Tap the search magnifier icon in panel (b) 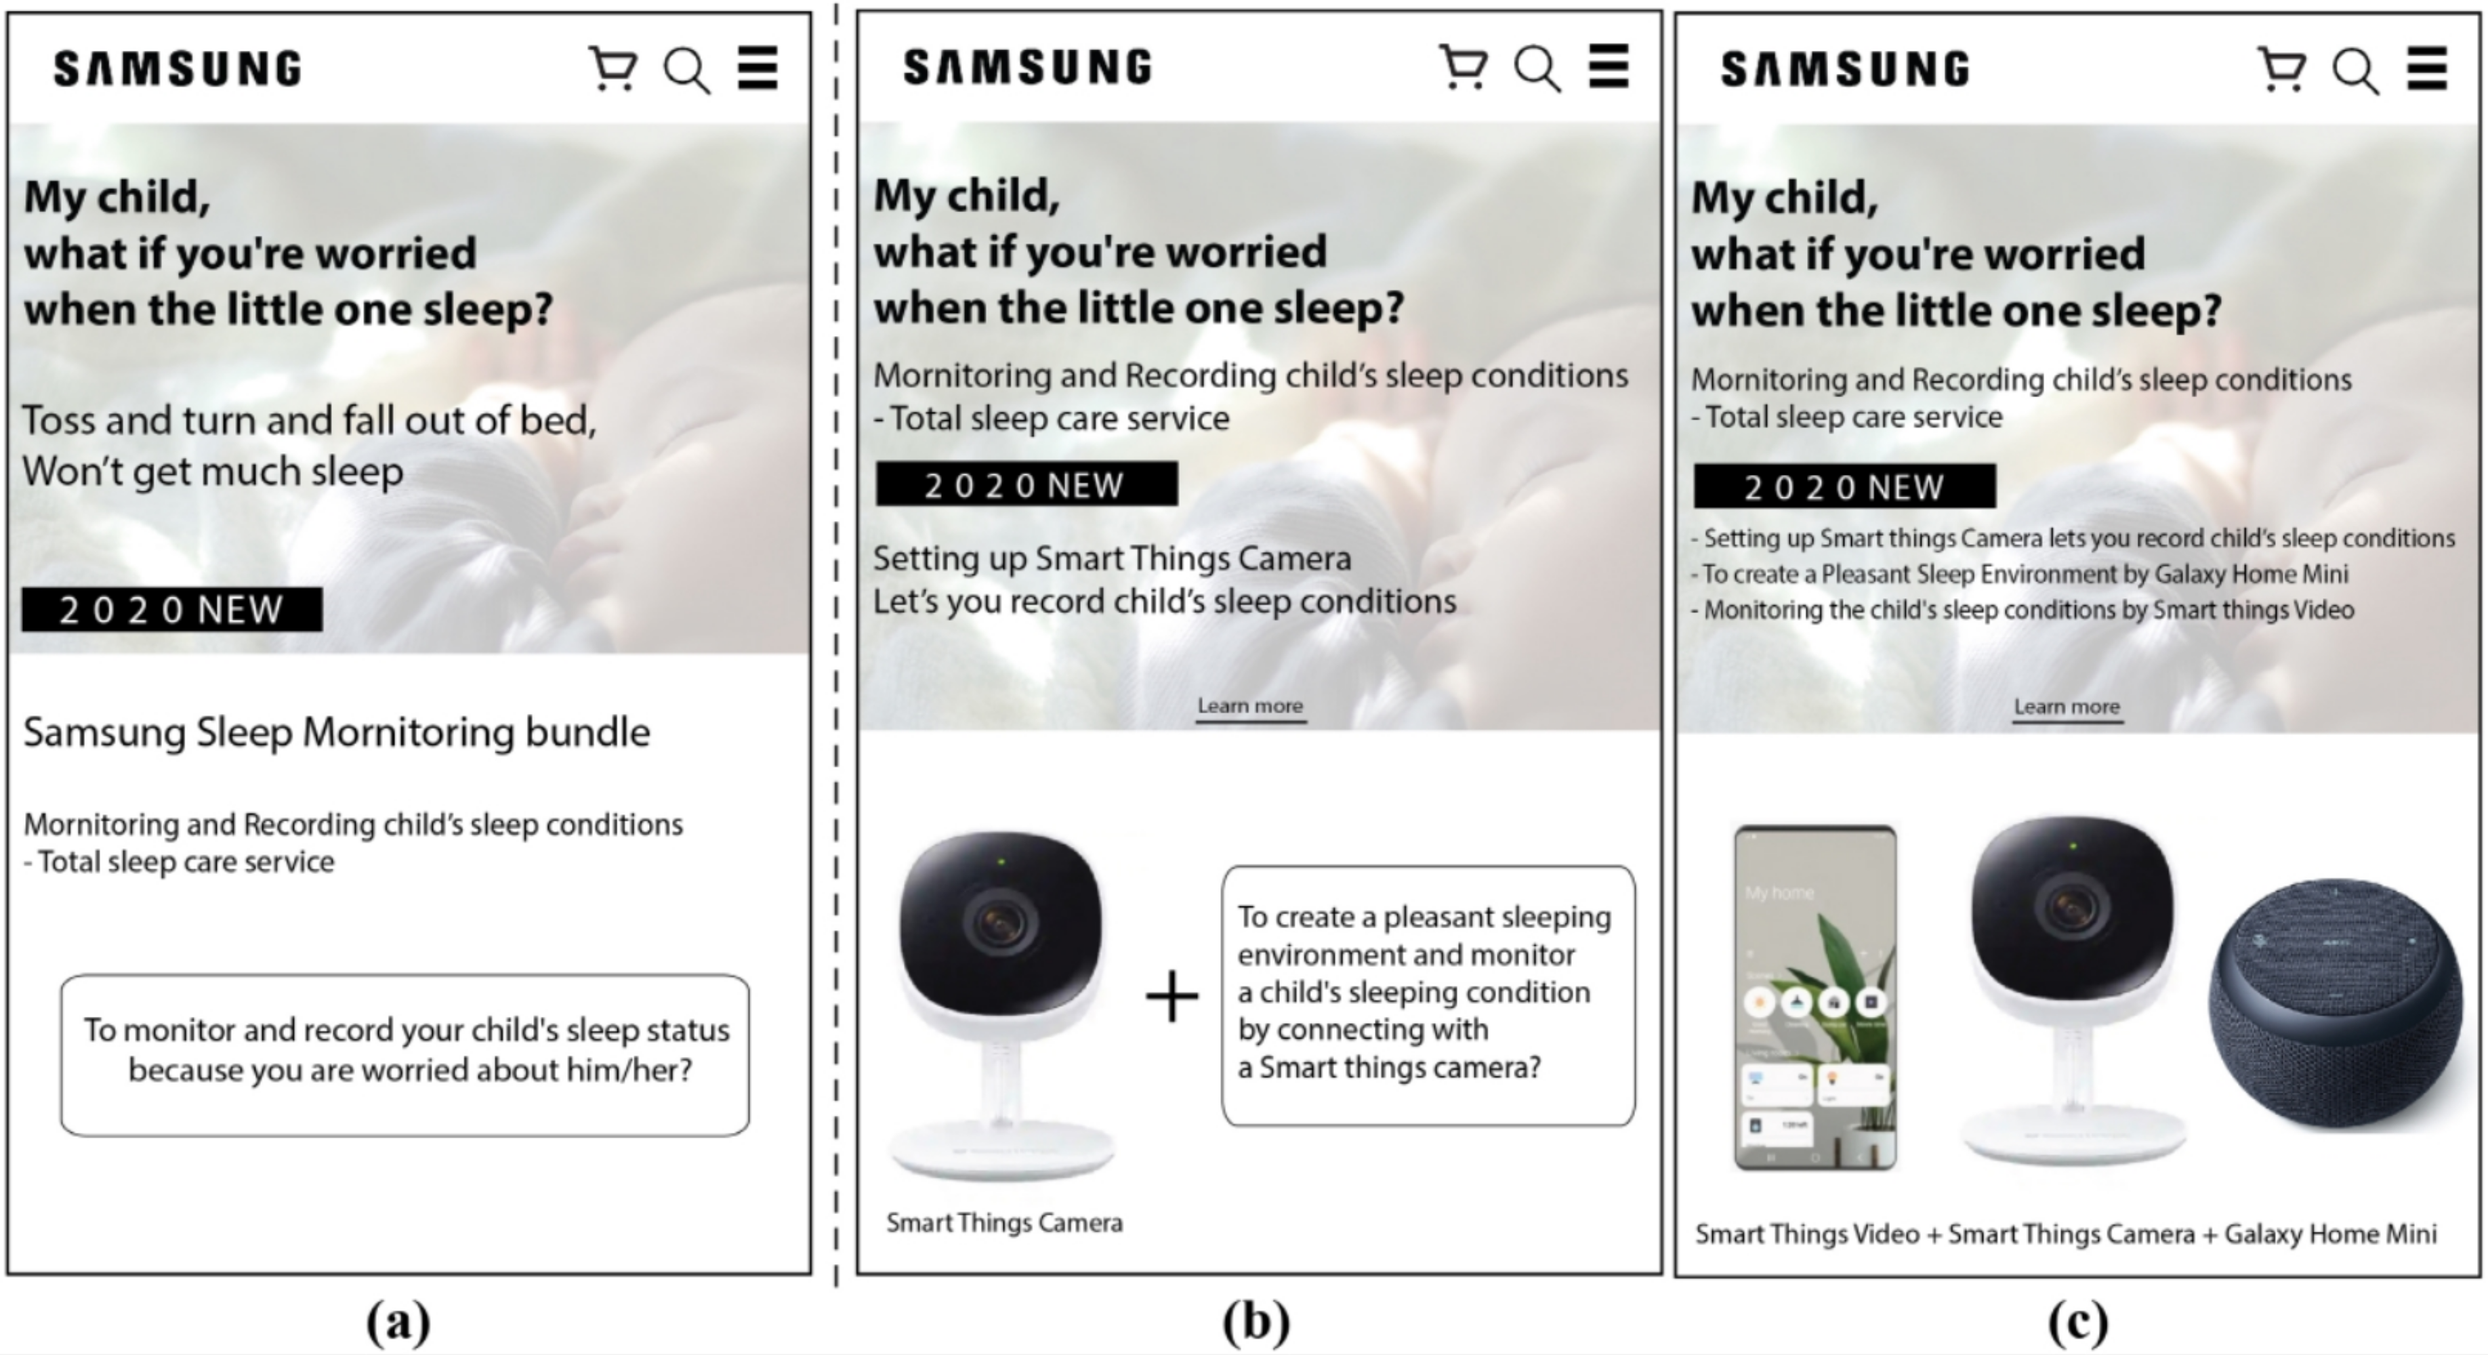pos(1537,68)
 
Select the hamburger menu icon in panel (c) pos(2427,68)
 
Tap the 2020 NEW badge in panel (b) pos(1027,484)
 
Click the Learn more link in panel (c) pos(2067,707)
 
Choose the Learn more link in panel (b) pos(1251,706)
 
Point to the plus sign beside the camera pos(1172,996)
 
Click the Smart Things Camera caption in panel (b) pos(1004,1223)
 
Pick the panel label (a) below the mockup pos(398,1321)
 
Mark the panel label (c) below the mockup pos(2077,1321)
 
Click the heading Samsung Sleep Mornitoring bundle pos(336,733)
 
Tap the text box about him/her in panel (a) pos(405,1055)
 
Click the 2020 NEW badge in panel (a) pos(172,610)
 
